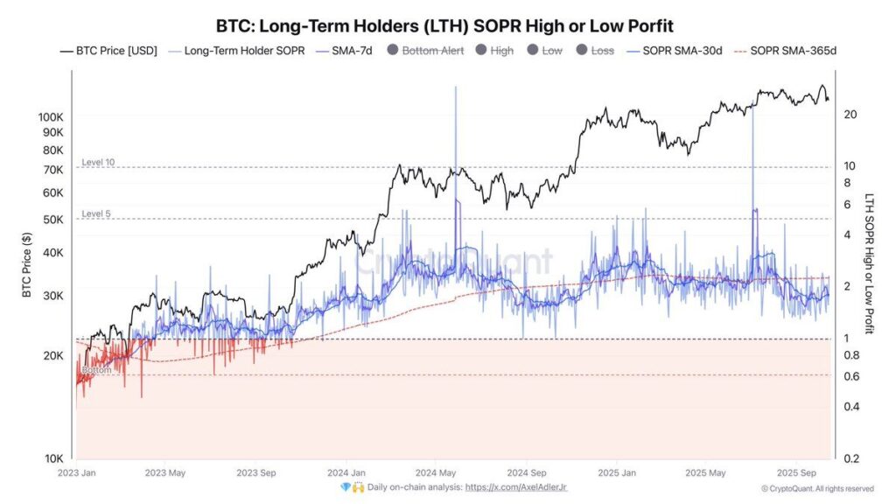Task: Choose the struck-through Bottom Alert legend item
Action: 432,51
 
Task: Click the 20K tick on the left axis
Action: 54,356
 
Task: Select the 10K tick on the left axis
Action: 54,458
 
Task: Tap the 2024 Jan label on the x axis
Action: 346,472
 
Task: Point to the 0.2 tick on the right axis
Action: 850,458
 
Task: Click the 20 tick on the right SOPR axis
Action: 850,115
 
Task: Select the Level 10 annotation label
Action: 98,163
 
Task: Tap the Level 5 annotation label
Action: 96,214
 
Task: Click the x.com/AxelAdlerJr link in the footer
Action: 521,486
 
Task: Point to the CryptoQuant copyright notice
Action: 816,488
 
